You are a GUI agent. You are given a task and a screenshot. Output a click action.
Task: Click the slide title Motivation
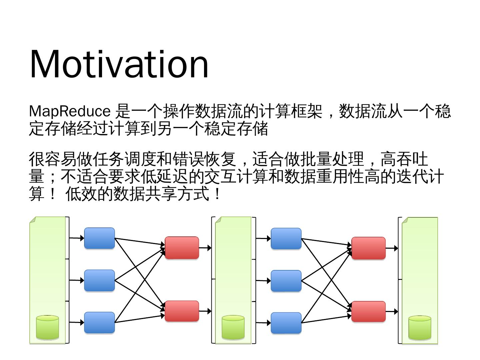pos(119,64)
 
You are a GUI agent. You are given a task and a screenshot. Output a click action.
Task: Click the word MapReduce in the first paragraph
pos(69,111)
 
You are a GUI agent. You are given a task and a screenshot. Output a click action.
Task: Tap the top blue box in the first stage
pos(99,238)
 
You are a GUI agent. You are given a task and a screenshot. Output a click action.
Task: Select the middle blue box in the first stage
pos(99,280)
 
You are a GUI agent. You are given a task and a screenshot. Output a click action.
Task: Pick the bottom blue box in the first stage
pos(99,322)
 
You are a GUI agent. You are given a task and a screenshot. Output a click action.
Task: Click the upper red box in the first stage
pos(182,248)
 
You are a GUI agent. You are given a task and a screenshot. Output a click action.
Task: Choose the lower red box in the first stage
pos(182,311)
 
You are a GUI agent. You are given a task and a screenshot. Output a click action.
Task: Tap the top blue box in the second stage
pos(286,238)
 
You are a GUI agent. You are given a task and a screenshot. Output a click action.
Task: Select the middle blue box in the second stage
pos(286,281)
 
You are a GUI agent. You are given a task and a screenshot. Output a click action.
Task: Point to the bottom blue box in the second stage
pos(286,323)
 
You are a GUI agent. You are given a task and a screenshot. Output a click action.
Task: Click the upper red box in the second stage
pos(368,248)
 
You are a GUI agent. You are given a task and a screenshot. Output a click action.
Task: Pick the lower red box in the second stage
pos(368,311)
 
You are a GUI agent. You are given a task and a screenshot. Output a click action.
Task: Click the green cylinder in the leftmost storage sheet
pos(47,327)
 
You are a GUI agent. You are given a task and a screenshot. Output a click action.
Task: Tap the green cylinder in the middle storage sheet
pos(233,328)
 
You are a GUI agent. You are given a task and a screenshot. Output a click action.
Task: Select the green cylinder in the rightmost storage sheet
pos(420,328)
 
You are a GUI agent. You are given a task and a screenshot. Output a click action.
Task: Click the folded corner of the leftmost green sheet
pos(33,220)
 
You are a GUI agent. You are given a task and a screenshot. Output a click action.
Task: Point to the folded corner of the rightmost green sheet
pos(405,220)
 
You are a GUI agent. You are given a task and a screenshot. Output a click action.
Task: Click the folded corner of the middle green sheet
pos(218,220)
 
